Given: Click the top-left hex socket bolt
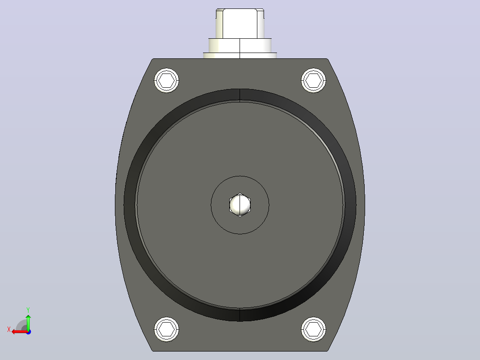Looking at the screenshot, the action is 167,81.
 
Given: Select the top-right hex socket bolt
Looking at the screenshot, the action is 313,81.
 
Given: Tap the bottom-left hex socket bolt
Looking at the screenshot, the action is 167,329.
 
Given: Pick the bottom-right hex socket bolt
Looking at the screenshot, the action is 313,329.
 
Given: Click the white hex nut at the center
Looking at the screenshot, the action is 240,205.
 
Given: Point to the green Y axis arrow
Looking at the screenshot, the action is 28,322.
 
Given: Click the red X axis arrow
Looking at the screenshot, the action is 20,332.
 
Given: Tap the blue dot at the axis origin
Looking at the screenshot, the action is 28,332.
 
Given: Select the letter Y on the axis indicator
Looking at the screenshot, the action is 28,310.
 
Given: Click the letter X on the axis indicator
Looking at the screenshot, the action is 9,329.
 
